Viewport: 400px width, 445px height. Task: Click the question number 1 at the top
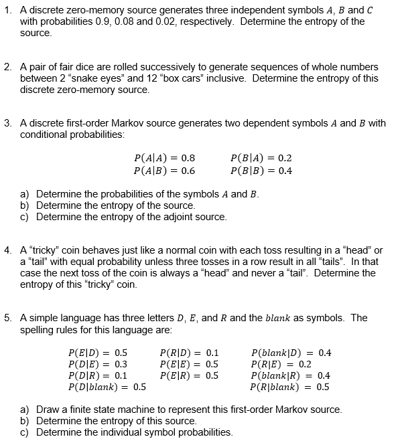point(7,9)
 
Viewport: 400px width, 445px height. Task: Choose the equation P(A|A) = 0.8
point(164,159)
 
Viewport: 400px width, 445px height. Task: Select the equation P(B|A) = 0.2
point(261,159)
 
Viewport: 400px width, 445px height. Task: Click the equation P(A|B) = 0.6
point(164,170)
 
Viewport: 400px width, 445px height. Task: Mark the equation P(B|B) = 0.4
point(261,170)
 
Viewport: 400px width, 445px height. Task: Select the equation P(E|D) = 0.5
point(98,352)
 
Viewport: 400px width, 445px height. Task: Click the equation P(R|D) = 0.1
point(190,352)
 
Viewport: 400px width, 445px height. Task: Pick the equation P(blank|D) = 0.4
point(291,352)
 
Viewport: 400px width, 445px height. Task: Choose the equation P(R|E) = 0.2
point(281,363)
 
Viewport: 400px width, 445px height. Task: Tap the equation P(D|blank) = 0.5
point(107,386)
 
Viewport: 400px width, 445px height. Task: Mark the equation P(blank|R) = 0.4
point(290,375)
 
